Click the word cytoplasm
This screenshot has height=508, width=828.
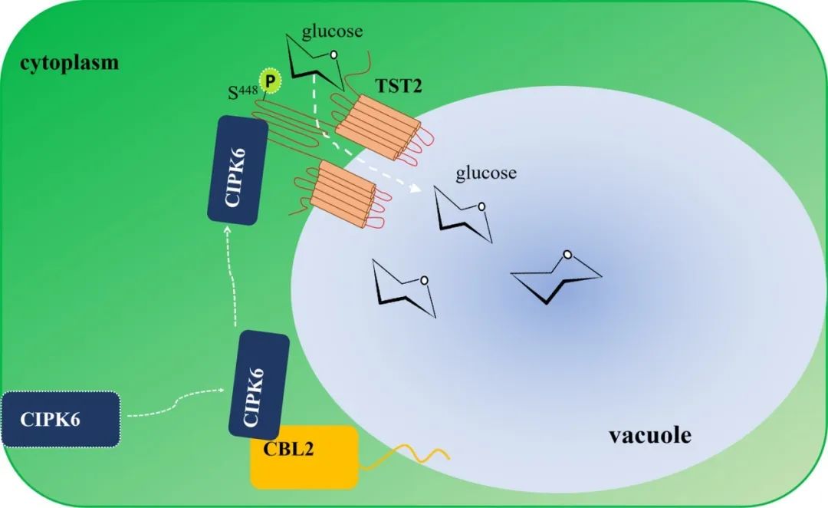point(70,61)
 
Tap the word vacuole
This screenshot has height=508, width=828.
point(650,436)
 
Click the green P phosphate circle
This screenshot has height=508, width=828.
point(269,80)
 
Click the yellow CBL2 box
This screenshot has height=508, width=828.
point(304,457)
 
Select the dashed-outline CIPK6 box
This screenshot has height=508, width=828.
point(61,419)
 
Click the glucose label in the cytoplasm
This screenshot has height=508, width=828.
point(332,31)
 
